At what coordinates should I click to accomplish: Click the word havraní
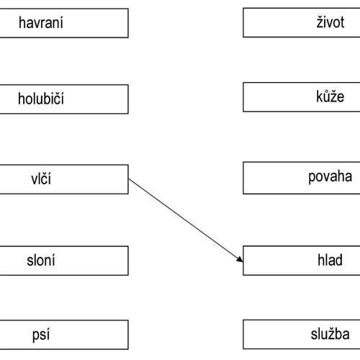point(41,23)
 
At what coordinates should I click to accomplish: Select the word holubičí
point(41,99)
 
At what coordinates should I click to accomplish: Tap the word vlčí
point(41,179)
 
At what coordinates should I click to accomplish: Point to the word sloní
point(41,260)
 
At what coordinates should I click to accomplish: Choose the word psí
point(41,335)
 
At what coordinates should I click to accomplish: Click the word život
point(330,22)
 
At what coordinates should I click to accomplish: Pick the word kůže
point(330,96)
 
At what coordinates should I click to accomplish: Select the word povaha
point(330,177)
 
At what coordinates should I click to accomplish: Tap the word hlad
point(330,260)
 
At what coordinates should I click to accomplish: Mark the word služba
point(330,334)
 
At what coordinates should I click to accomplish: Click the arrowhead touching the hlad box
point(240,260)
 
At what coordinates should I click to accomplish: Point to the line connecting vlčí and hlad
point(186,220)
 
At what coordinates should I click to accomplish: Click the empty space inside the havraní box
point(96,23)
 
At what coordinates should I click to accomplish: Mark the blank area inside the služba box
point(276,334)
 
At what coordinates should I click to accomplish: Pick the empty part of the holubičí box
point(96,99)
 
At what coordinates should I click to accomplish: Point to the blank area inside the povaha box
point(275,178)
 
